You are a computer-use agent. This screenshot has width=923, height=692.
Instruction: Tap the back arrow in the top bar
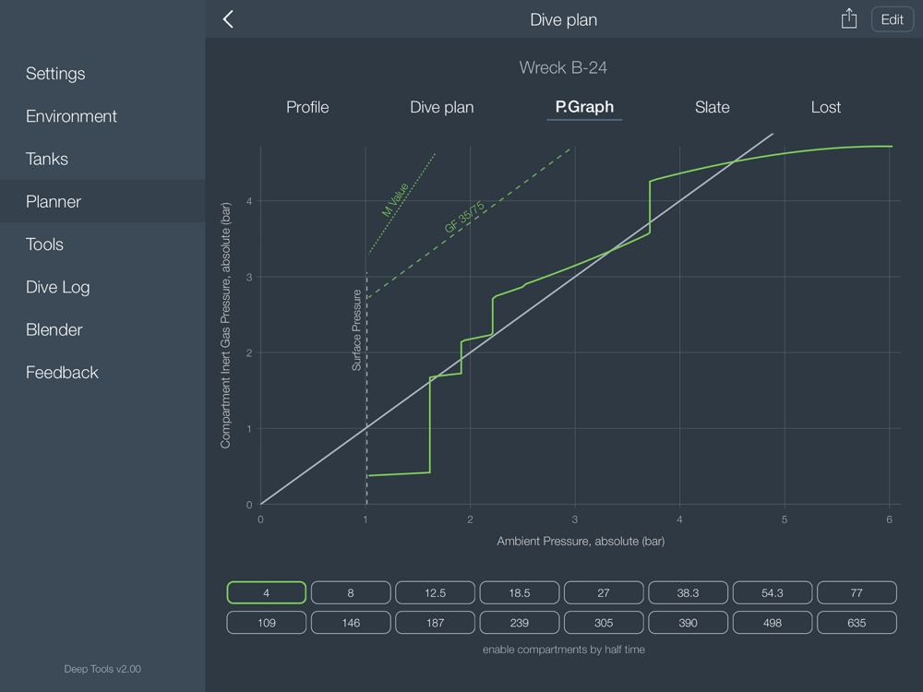coord(228,19)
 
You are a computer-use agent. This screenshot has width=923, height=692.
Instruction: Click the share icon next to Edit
coord(849,19)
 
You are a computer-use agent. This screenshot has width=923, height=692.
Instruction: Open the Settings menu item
coord(55,74)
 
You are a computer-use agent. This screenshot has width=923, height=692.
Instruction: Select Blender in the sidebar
coord(54,329)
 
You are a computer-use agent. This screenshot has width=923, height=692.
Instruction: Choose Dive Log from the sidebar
coord(58,287)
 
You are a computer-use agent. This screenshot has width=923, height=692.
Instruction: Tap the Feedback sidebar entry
coord(62,373)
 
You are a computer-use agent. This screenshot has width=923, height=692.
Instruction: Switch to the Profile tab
coord(307,107)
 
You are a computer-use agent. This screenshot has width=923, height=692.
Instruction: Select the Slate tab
coord(712,107)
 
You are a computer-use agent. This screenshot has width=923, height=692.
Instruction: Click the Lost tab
coord(825,107)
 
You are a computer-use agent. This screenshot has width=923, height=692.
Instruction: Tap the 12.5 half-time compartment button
coord(435,592)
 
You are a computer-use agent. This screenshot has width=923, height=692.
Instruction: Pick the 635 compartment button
coord(857,623)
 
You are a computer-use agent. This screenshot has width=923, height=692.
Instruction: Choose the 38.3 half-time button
coord(689,592)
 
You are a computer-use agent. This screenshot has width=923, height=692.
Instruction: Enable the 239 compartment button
coord(520,623)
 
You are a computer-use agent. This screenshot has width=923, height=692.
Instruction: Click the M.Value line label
coord(395,199)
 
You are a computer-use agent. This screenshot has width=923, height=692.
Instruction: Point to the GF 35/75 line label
coord(464,217)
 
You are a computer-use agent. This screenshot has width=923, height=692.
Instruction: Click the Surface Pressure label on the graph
coord(357,330)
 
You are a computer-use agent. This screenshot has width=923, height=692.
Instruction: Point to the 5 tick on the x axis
coord(785,519)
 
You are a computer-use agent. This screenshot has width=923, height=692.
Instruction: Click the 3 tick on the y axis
coord(248,277)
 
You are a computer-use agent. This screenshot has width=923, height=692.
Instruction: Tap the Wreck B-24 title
coord(563,67)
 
